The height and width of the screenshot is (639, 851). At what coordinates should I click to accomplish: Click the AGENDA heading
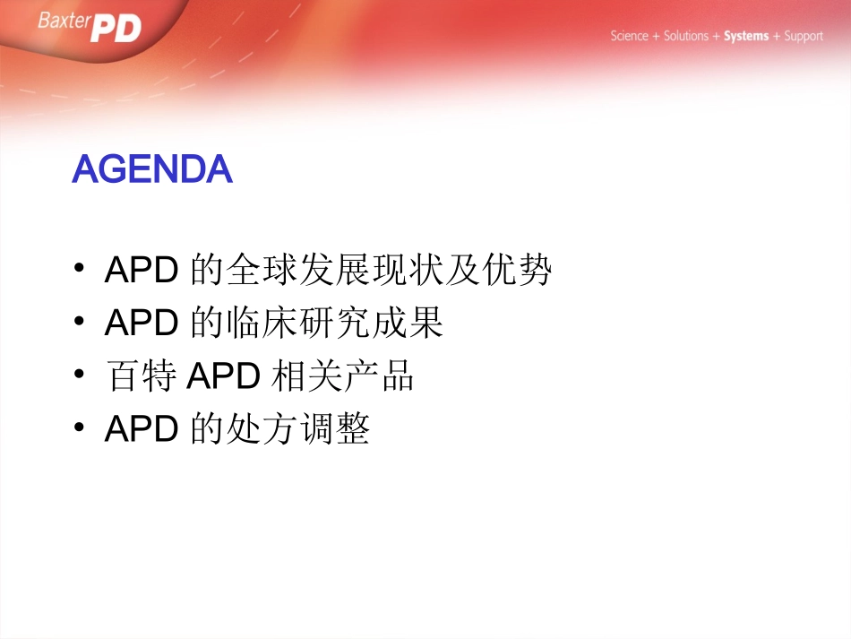point(152,169)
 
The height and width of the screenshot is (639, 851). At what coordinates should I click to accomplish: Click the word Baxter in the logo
point(64,21)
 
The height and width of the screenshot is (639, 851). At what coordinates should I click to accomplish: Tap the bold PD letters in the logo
point(116,29)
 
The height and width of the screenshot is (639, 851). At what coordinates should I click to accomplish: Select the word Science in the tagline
point(629,37)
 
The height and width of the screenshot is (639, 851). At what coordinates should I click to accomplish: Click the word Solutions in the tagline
point(685,37)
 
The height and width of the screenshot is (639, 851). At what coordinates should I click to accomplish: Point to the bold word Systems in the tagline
point(745,37)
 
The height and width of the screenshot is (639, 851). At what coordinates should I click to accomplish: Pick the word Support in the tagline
point(803,37)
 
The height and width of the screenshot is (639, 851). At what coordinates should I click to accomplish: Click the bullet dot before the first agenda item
point(81,269)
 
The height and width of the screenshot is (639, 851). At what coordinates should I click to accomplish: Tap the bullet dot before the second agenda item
point(81,323)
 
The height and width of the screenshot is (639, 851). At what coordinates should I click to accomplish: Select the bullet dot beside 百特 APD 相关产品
point(81,376)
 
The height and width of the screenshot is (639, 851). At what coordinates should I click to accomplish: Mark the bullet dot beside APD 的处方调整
point(81,430)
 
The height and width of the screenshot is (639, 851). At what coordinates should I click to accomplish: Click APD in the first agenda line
point(142,270)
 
